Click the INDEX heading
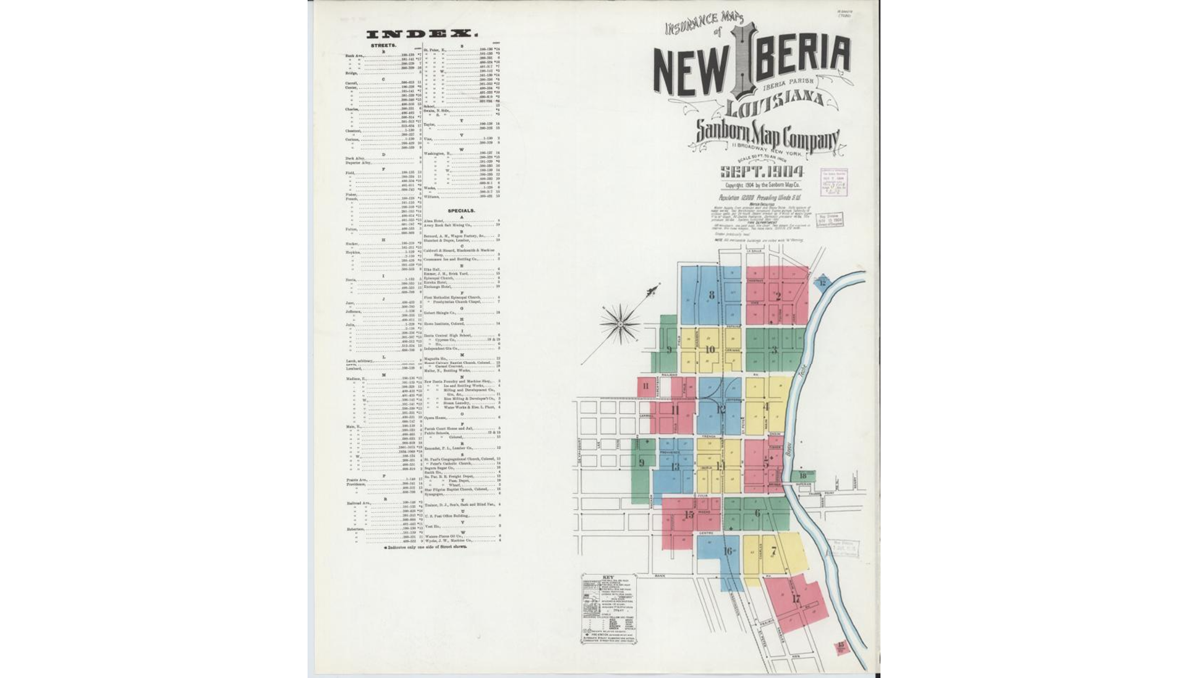(x=422, y=34)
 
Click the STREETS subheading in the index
(x=383, y=46)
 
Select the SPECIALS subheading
(x=461, y=211)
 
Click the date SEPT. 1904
(x=762, y=171)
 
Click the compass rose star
(x=620, y=322)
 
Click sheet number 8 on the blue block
(x=711, y=295)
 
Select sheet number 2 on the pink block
(x=778, y=296)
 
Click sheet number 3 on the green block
(x=774, y=350)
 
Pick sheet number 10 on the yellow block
(x=710, y=349)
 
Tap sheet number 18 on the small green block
(x=802, y=475)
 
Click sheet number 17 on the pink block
(x=796, y=598)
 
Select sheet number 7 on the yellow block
(x=773, y=551)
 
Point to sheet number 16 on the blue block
(x=728, y=551)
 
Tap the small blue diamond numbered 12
(x=822, y=283)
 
